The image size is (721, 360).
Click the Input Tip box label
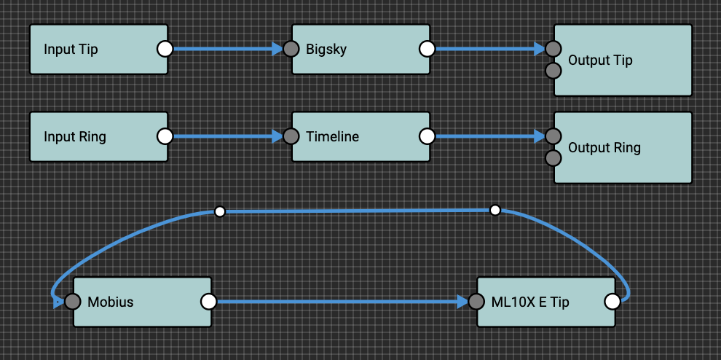tap(71, 50)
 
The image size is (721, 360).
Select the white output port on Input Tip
tap(165, 49)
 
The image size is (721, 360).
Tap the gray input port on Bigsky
tap(291, 49)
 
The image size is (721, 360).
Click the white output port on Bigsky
tap(428, 49)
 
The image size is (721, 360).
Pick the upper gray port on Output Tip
tap(553, 49)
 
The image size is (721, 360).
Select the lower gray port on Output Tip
tap(553, 71)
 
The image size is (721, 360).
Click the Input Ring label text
tap(74, 136)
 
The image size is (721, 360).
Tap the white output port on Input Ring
tap(165, 136)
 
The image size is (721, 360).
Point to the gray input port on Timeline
tap(291, 136)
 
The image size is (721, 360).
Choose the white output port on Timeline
tap(428, 136)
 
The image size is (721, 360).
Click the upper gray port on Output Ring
tap(553, 136)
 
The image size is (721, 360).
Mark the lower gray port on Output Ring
tap(553, 157)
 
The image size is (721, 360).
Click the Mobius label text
tap(110, 302)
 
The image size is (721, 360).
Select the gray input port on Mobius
tap(72, 301)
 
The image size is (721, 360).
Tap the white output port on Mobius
tap(208, 301)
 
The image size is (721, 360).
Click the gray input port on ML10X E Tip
tap(476, 301)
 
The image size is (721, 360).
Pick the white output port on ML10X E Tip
tap(612, 301)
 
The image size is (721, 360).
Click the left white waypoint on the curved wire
tap(220, 211)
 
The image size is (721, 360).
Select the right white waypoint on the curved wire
tap(495, 211)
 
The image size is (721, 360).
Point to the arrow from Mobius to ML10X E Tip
tap(342, 301)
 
